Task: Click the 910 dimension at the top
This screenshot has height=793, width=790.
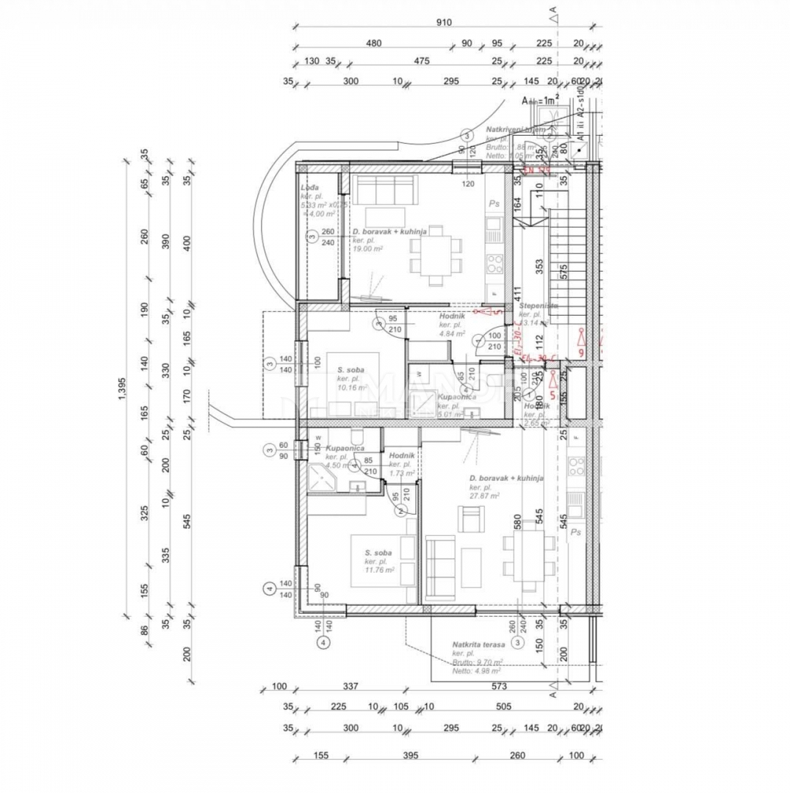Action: (x=443, y=23)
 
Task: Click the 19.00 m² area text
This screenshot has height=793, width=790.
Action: (x=367, y=248)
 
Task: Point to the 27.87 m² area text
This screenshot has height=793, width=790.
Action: (x=485, y=496)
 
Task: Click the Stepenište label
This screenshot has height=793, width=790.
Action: (x=539, y=305)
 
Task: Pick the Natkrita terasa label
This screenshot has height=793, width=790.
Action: (x=478, y=644)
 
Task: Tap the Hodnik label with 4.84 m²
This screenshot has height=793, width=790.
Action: (x=450, y=316)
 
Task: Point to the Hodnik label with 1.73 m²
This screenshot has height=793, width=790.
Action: (x=402, y=455)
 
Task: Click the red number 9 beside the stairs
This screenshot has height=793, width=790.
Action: (x=581, y=353)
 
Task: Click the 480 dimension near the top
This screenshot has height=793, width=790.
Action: (x=374, y=43)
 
